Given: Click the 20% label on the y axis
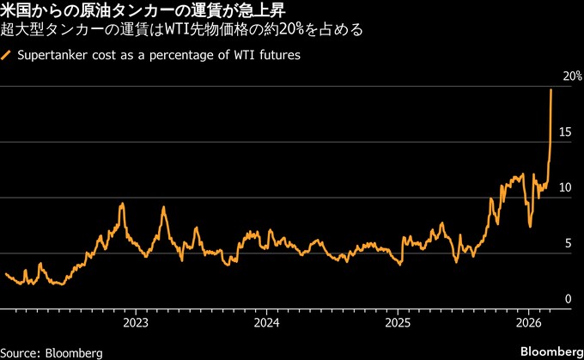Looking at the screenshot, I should coord(569,76).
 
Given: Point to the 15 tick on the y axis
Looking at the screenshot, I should coord(565,131).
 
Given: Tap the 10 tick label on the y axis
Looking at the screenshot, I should coord(565,187).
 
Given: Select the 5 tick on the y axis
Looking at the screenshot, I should coord(567,243).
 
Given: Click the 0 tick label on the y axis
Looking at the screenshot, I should coord(567,298).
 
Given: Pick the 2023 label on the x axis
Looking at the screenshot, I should coord(136,323).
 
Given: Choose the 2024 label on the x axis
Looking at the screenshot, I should coord(267,323).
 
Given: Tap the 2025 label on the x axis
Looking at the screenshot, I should coord(398,323).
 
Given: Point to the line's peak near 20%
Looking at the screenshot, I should coord(551,90).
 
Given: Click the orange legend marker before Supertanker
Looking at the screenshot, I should coord(8,55).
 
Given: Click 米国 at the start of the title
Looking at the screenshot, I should coord(17,10).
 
